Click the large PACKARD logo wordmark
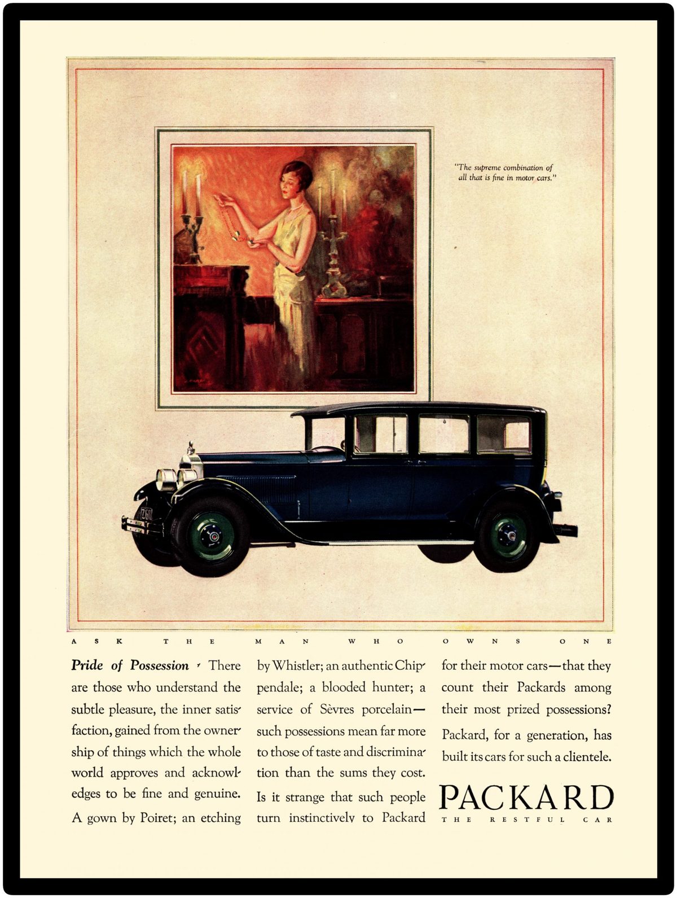tap(526, 798)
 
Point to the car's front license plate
tap(146, 514)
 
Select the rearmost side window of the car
tap(503, 434)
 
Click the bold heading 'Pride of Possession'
tap(130, 665)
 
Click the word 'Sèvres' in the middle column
tap(337, 709)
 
